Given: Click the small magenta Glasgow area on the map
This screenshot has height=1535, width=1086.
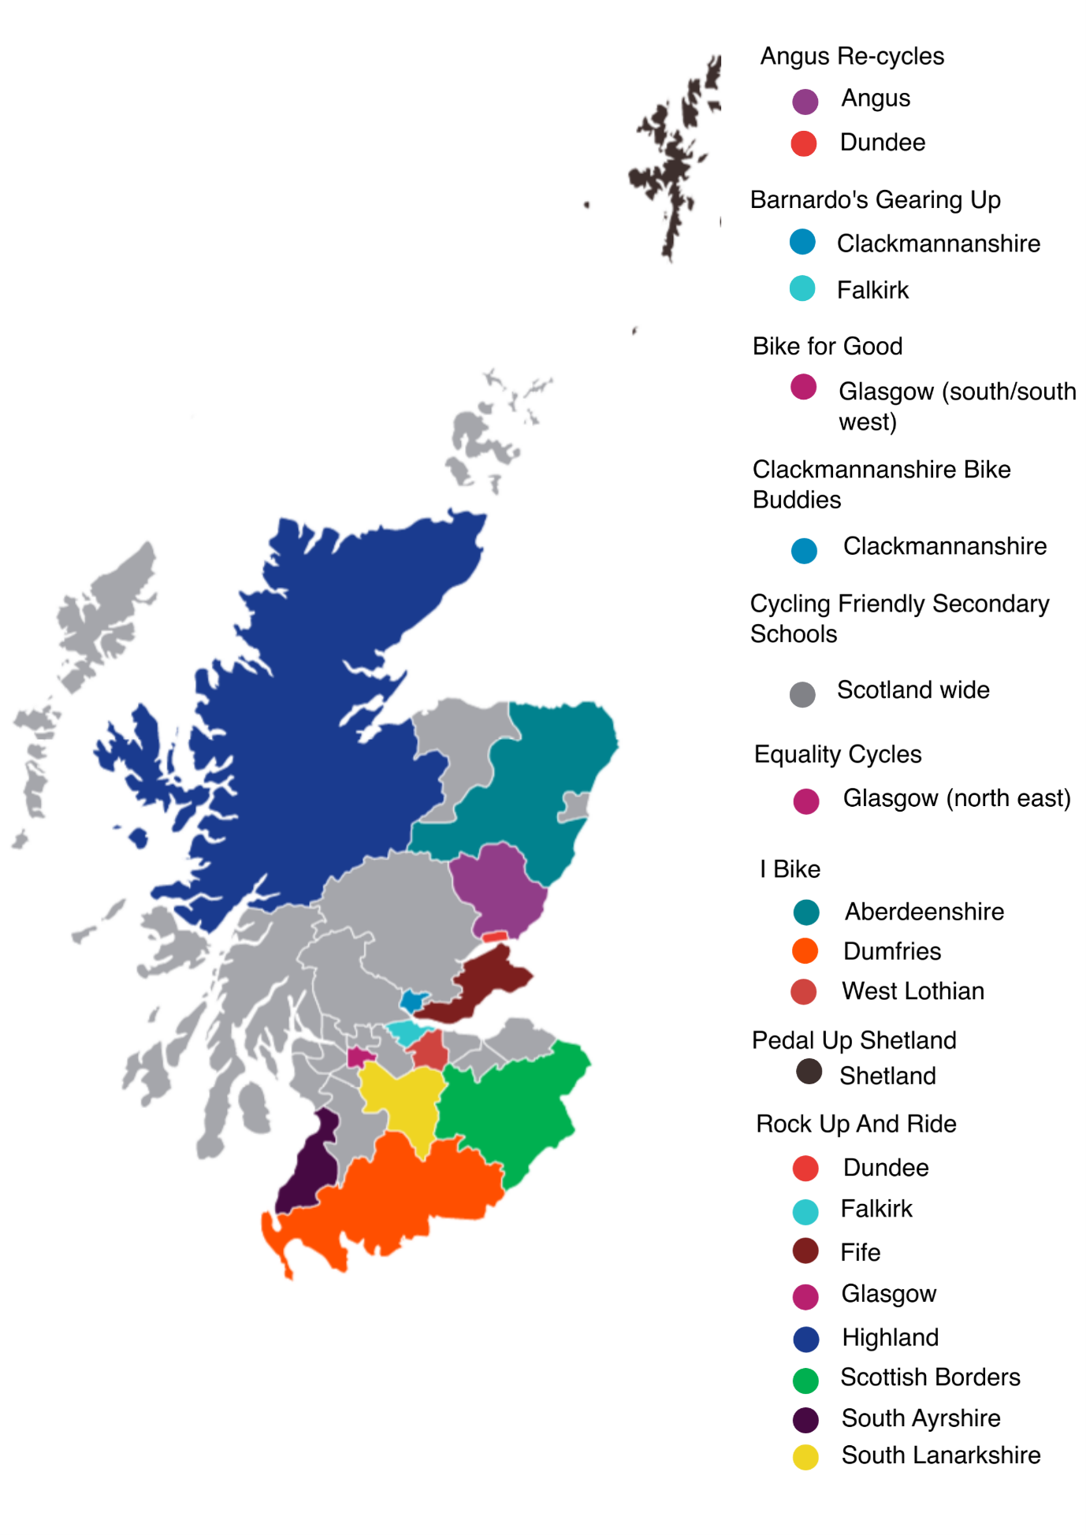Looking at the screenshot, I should coord(359,1057).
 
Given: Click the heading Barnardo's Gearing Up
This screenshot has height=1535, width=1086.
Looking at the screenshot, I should coord(875,200).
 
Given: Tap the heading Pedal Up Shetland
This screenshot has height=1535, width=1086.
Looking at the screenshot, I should coord(854,1040).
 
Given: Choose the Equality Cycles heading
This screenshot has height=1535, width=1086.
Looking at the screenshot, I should coord(837,754).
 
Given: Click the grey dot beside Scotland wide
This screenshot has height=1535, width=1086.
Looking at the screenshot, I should coord(802,694).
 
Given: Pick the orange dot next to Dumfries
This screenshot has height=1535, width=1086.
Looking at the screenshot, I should coord(805,951).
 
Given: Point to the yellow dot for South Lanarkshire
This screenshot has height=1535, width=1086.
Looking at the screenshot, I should coord(805,1457).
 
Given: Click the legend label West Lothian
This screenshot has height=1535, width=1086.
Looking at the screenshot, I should coord(913,991).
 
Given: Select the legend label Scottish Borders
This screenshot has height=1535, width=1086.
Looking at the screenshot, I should coord(930,1377).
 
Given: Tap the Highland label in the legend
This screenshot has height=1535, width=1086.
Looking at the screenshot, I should coord(890,1337).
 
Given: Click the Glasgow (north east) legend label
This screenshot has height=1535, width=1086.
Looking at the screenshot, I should coord(956,798).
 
